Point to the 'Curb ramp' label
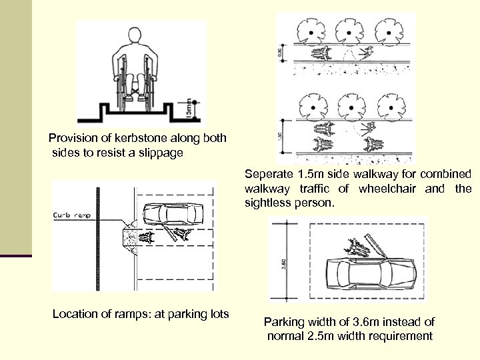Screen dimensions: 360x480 coord(72,215)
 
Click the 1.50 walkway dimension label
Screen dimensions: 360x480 coord(282,135)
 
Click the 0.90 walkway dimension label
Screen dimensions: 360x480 coord(282,51)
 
